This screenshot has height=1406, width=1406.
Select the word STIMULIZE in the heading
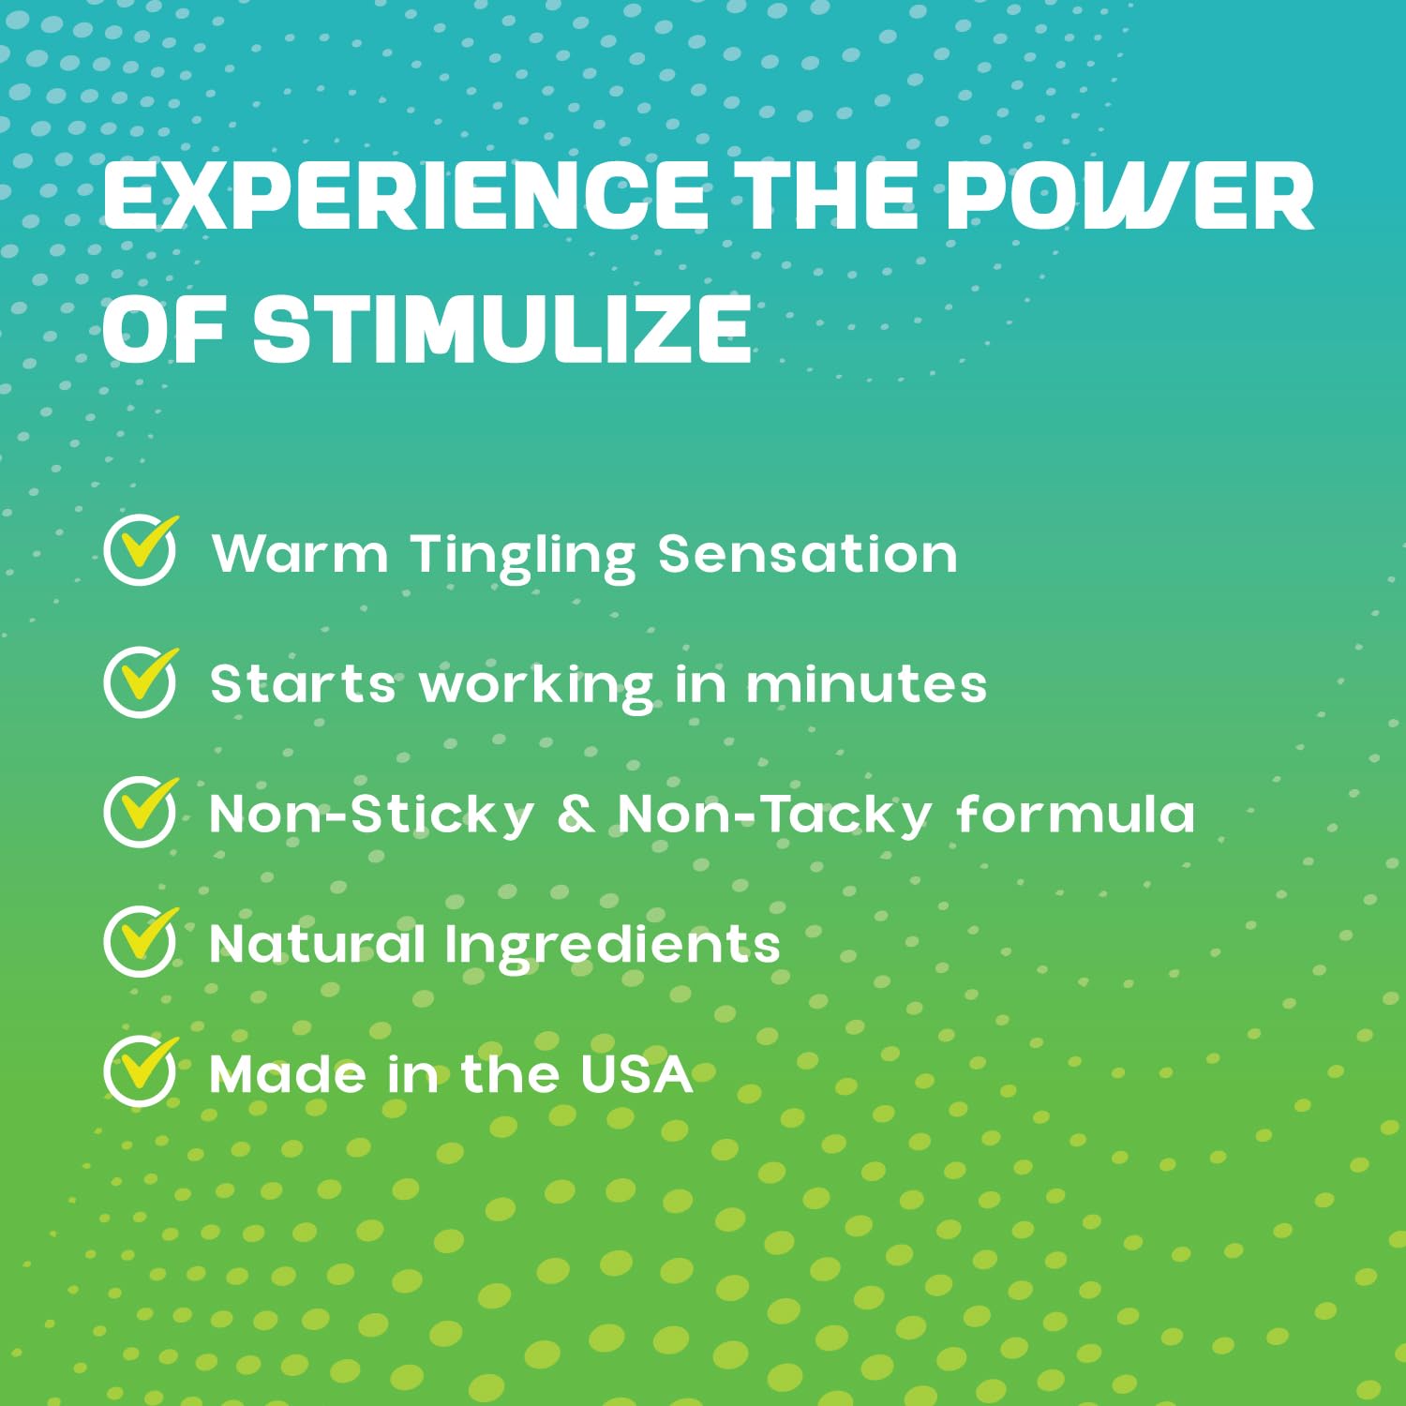(502, 329)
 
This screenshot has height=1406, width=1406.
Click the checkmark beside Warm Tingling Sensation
(141, 550)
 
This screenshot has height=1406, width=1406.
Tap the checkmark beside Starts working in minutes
(141, 681)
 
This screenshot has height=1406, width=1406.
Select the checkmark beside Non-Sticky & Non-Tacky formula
(141, 812)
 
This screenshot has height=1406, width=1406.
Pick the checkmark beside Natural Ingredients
(141, 942)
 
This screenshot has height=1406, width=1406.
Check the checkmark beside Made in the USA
(141, 1072)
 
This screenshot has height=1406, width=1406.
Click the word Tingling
(523, 556)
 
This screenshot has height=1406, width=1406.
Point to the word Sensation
(807, 553)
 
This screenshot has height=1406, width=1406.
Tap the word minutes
(866, 683)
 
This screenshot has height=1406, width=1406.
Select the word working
(536, 687)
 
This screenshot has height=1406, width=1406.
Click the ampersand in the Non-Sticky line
(576, 814)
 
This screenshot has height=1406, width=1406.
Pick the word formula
(1076, 813)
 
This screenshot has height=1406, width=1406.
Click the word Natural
(317, 943)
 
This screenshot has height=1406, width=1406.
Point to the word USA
(636, 1073)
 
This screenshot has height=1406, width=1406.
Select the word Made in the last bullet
(288, 1073)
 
